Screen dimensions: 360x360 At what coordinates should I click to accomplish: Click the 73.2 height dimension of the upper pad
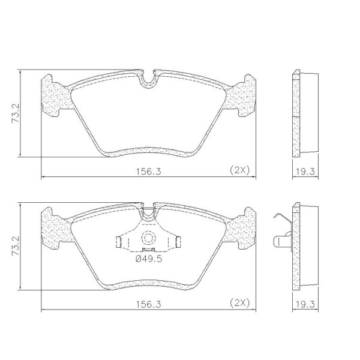coord(16,113)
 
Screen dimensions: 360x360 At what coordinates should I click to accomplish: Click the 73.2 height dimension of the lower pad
coord(16,247)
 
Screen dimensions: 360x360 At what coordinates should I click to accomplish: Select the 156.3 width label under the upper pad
coord(149,171)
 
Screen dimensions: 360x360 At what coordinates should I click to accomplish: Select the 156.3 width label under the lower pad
coord(149,304)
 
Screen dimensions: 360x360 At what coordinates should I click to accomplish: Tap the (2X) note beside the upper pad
coord(239,170)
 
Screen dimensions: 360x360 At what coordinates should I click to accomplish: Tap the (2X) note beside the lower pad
coord(239,303)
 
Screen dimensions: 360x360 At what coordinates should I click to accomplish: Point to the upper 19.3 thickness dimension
coord(305,171)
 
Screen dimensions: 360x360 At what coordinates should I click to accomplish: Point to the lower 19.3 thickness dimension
coord(305,304)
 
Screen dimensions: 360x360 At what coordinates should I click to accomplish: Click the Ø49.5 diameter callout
coord(149,259)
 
